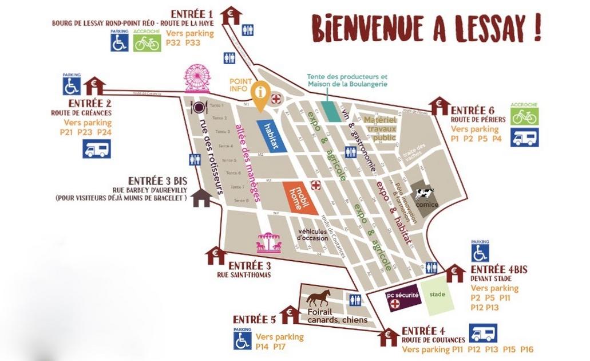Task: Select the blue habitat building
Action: tap(271, 135)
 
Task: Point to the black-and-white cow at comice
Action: tap(425, 194)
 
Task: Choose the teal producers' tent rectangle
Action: tap(330, 109)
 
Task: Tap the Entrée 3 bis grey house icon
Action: tap(201, 198)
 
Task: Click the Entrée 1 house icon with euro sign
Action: tap(231, 15)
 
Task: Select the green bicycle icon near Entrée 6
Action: tap(524, 116)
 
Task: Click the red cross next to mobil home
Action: tap(315, 185)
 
